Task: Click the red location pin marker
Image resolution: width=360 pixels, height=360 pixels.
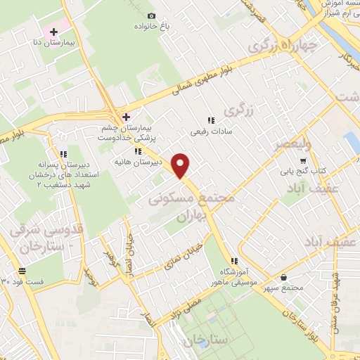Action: click(182, 166)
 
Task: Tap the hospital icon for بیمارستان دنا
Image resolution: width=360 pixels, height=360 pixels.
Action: click(53, 32)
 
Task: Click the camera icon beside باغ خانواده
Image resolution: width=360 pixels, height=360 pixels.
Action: click(152, 15)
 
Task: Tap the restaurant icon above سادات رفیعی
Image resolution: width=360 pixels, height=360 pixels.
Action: click(211, 120)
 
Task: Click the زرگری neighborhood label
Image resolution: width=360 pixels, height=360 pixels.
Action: click(238, 111)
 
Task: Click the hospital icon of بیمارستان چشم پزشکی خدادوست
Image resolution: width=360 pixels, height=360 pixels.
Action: click(126, 117)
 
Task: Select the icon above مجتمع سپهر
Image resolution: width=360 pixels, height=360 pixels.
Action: click(283, 277)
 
